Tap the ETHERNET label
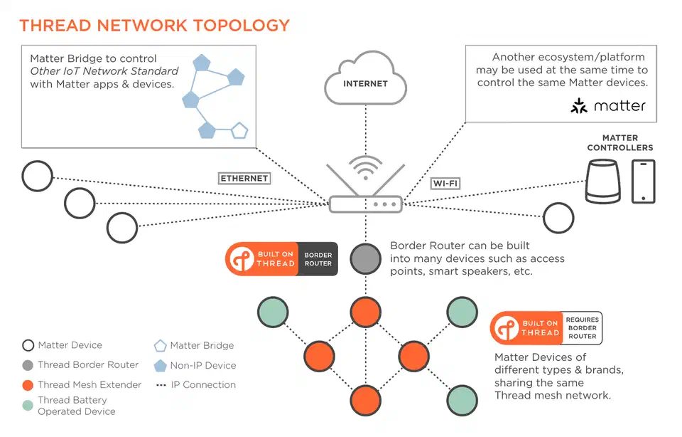tap(244, 178)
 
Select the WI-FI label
tap(445, 184)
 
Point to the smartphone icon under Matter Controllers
tap(643, 181)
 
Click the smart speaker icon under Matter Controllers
tap(602, 181)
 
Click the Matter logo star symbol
tap(580, 107)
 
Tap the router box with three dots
tap(366, 204)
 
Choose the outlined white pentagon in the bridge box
tap(240, 131)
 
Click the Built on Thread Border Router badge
tap(281, 259)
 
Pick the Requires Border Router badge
tap(546, 328)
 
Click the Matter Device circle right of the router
tap(558, 218)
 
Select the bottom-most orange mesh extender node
tap(366, 400)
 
